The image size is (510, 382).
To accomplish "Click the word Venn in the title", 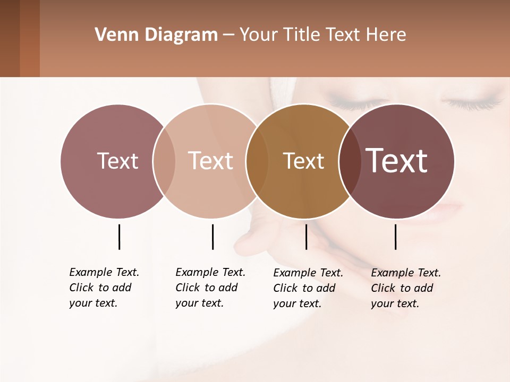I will [x=113, y=34].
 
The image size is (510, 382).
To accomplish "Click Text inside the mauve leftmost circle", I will [x=117, y=161].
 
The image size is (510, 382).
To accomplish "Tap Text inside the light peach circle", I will [x=210, y=161].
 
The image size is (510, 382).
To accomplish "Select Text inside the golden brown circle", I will [x=303, y=161].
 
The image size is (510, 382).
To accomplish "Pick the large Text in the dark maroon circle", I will [x=397, y=161].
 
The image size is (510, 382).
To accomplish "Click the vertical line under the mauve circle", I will [x=119, y=237].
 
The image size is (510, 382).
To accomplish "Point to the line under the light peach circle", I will [x=212, y=237].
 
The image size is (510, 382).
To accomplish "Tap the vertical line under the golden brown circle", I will [x=306, y=237].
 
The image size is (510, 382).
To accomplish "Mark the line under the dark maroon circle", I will [x=395, y=237].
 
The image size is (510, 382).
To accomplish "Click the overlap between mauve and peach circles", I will [x=164, y=161].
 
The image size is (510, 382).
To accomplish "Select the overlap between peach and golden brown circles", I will [x=257, y=161].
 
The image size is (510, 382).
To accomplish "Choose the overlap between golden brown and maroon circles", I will [x=350, y=161].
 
